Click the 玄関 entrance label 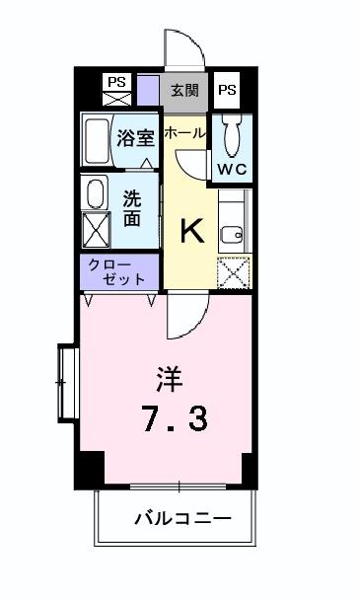(x=184, y=90)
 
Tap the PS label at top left (x=117, y=82)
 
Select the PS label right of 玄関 (x=227, y=90)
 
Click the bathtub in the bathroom (x=97, y=140)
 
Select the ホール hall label (x=184, y=132)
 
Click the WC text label (x=232, y=169)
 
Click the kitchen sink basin (x=233, y=234)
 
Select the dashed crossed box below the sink (x=233, y=271)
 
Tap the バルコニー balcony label (x=182, y=517)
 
